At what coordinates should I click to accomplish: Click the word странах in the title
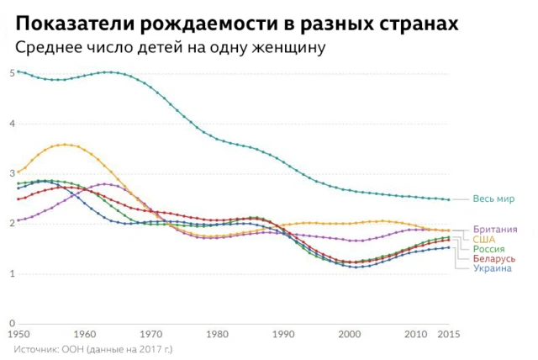pos(417,23)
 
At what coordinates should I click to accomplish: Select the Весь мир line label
pos(493,199)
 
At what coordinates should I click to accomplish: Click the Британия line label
pos(495,230)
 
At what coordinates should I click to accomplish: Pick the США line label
pos(484,240)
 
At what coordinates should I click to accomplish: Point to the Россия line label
pos(489,249)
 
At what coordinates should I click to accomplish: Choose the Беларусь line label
pos(494,258)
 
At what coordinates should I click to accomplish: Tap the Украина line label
pos(492,268)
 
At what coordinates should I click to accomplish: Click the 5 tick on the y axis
pos(12,73)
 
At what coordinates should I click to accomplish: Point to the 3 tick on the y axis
pos(12,173)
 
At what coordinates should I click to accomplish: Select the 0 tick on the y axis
pos(12,324)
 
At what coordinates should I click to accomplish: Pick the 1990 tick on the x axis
pos(284,335)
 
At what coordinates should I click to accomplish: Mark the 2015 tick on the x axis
pos(449,335)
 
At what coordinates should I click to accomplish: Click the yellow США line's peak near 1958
pos(64,145)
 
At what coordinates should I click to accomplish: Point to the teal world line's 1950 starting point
pos(18,71)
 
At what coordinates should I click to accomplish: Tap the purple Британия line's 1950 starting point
pos(18,220)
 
